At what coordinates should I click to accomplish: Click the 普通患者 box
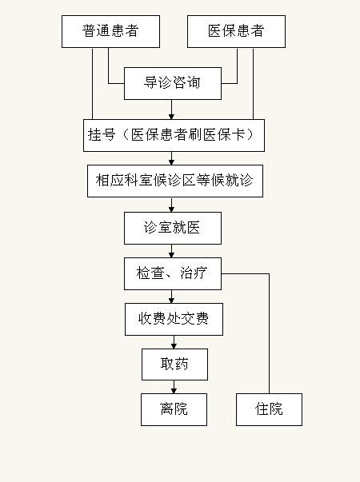[x=110, y=32]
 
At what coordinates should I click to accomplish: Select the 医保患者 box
[x=236, y=32]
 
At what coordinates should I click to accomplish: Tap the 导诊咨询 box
[x=173, y=83]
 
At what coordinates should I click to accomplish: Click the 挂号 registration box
[x=174, y=135]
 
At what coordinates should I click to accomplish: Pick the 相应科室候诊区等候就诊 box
[x=175, y=181]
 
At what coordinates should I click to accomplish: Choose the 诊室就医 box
[x=173, y=228]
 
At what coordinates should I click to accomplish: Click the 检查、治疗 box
[x=173, y=274]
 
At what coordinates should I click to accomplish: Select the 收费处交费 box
[x=174, y=320]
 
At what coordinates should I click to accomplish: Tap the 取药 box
[x=174, y=364]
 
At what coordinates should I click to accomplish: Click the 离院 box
[x=174, y=409]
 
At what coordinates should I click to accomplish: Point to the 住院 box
[x=270, y=409]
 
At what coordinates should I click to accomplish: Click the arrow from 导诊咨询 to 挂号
[x=172, y=110]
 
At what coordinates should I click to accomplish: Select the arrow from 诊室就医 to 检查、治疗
[x=172, y=251]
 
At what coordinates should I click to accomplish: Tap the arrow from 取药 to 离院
[x=174, y=387]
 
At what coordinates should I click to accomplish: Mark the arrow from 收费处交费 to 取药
[x=174, y=342]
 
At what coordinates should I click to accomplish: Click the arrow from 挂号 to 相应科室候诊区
[x=172, y=158]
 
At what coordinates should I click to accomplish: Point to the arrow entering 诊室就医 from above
[x=172, y=205]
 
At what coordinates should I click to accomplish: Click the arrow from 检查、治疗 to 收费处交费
[x=172, y=297]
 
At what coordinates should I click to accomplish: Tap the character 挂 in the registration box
[x=94, y=134]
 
